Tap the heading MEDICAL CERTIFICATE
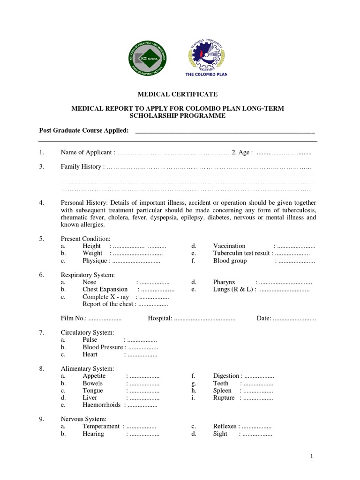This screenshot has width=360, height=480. pos(177,94)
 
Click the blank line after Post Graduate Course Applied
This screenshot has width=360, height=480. pos(225,130)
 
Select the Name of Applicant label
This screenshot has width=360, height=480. pos(87,152)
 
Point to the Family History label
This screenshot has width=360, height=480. pos(81,166)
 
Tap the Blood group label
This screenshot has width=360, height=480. pos(230,261)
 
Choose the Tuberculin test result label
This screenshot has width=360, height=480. pos(242,253)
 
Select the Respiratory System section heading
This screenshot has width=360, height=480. pos(88,275)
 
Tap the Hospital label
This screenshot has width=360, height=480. pos(160,318)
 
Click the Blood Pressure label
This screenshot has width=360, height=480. pos(103,347)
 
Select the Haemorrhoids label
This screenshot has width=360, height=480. pos(102,405)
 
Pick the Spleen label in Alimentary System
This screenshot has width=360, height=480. pos(222,390)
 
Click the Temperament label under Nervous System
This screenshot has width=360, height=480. pos(101,426)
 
